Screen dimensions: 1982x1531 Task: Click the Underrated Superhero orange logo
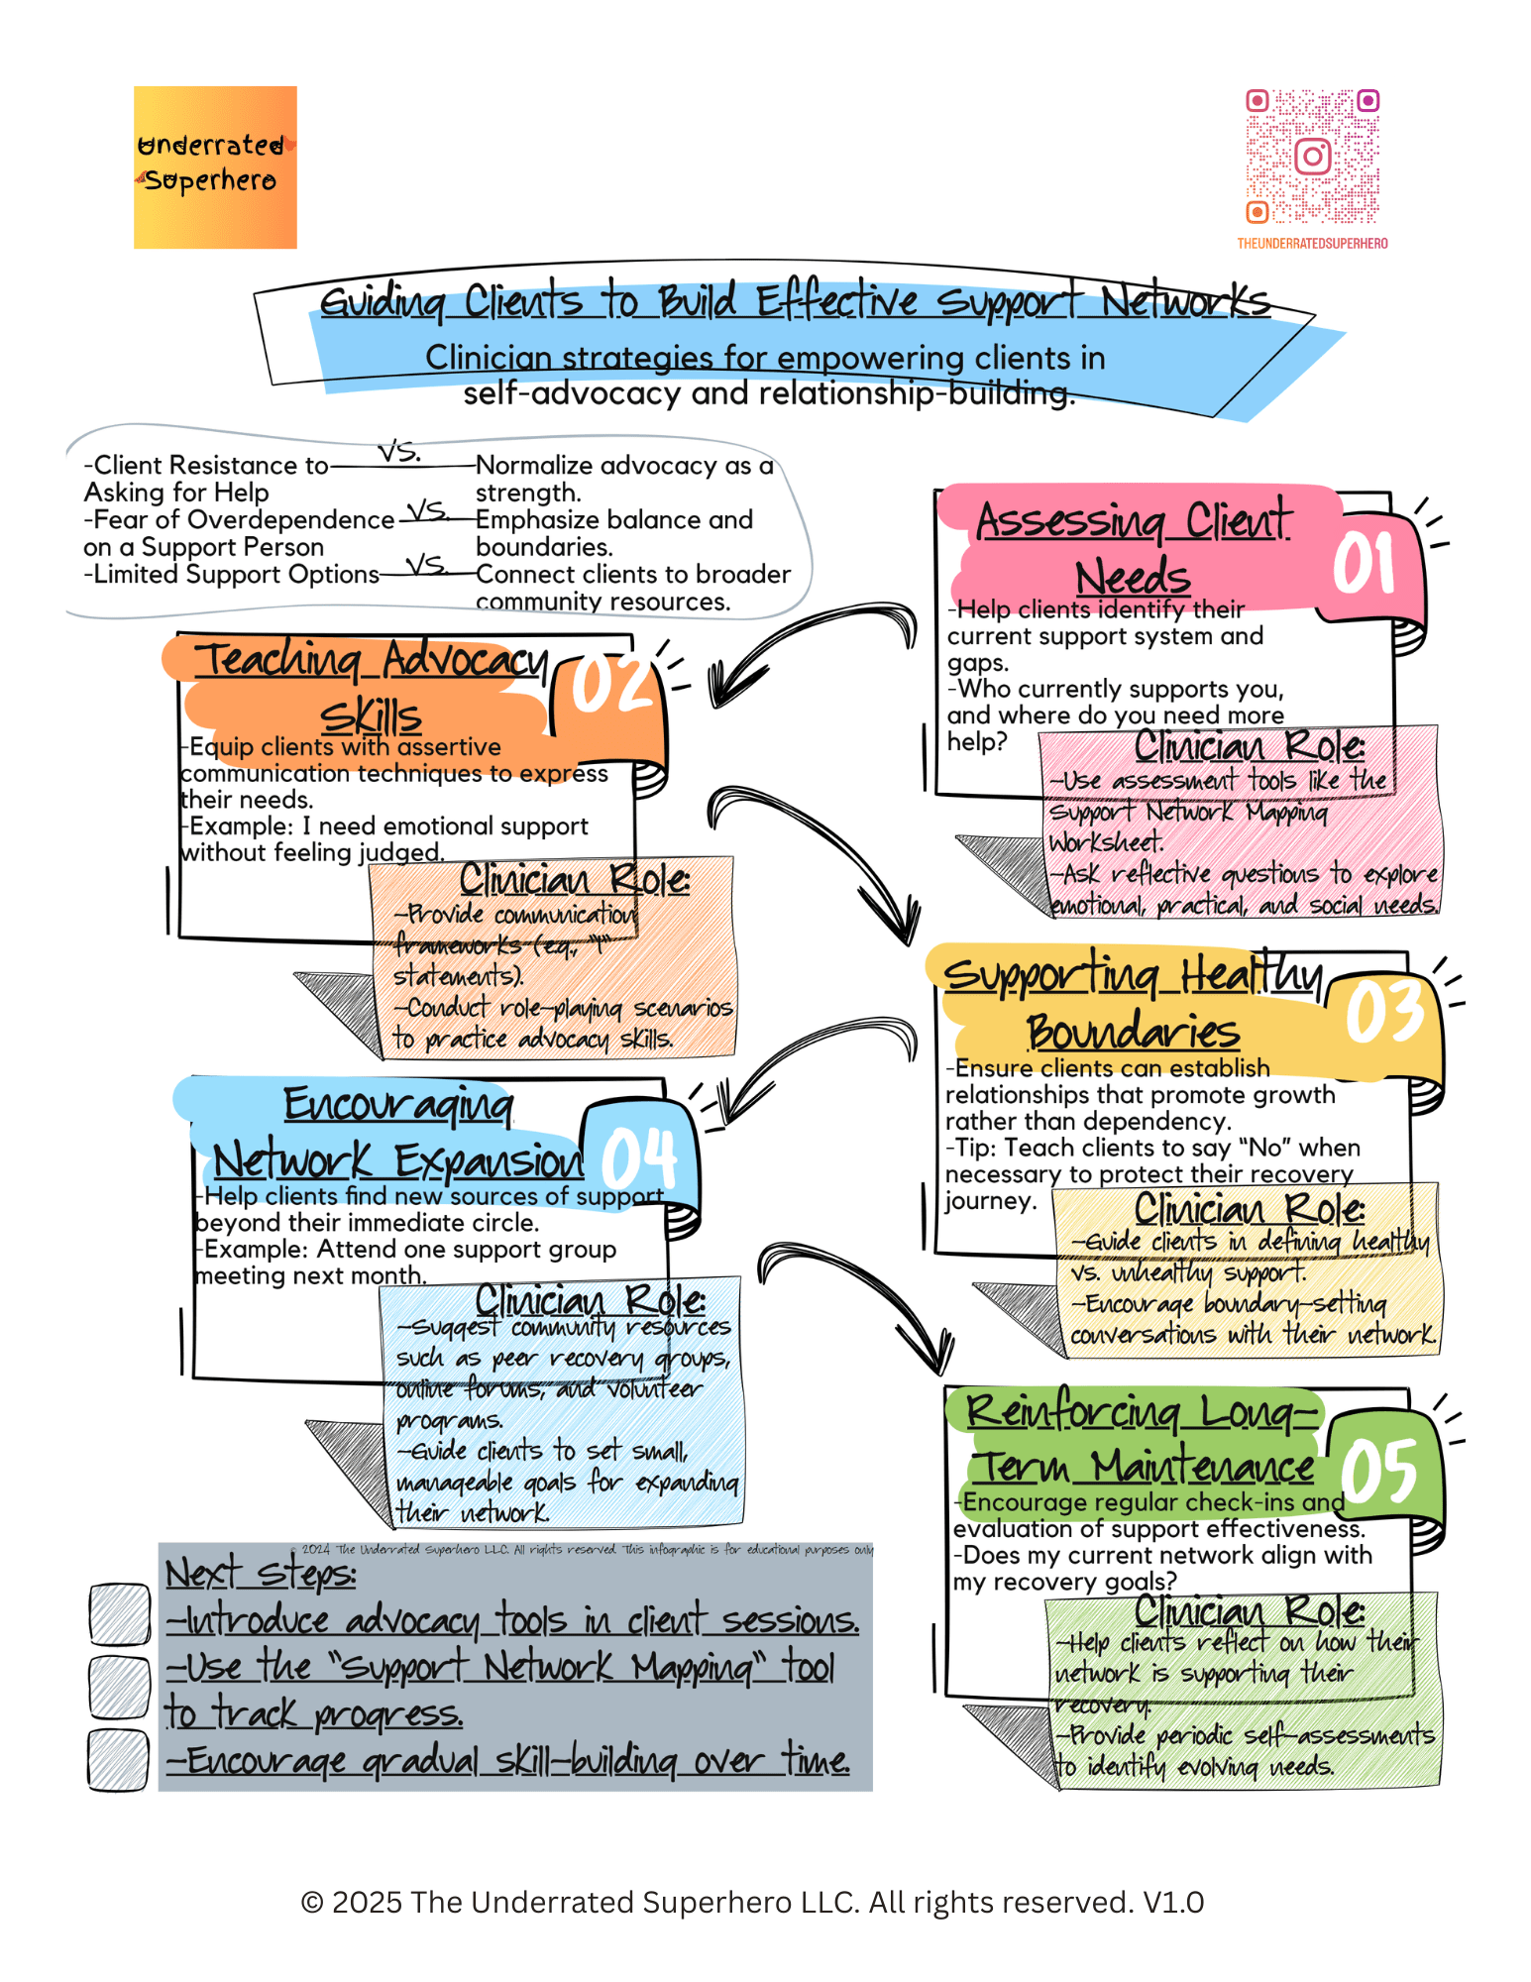point(215,166)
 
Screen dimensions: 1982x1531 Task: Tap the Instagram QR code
point(1312,157)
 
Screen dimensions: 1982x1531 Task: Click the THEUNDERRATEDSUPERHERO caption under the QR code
point(1312,244)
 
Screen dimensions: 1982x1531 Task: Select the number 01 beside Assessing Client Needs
point(1365,565)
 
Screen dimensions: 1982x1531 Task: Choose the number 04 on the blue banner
point(639,1157)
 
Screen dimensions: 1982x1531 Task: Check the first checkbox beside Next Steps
point(119,1612)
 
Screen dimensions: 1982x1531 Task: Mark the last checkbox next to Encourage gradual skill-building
point(119,1759)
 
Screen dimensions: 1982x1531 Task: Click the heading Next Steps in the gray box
point(261,1574)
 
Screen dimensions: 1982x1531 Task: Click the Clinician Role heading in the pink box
point(1249,746)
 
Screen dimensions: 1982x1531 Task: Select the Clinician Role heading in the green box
point(1249,1611)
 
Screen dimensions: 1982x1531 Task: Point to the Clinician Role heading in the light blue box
point(590,1299)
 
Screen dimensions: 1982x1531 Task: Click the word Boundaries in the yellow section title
point(1133,1032)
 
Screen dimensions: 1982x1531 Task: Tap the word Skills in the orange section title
point(371,716)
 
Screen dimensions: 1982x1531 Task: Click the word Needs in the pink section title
point(1133,577)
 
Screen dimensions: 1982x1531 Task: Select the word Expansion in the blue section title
point(489,1160)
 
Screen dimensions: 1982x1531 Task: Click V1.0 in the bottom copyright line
point(1173,1903)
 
